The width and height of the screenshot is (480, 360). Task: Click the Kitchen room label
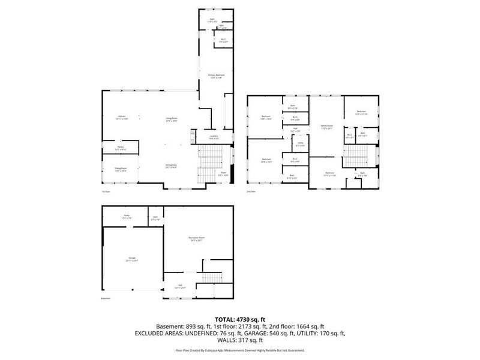click(x=122, y=117)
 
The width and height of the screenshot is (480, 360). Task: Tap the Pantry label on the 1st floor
click(x=120, y=148)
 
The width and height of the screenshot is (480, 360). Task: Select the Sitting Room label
click(x=120, y=170)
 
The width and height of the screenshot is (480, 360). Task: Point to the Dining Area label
click(x=171, y=166)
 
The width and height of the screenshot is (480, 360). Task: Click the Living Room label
click(x=172, y=119)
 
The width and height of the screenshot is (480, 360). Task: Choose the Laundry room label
click(x=214, y=137)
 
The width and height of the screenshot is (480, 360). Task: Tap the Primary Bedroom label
click(x=215, y=76)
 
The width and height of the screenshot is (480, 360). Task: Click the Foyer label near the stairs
click(x=222, y=173)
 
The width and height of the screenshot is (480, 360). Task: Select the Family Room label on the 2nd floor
click(x=326, y=127)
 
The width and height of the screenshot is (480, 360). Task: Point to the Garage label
click(x=132, y=260)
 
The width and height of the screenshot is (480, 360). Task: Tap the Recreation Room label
click(x=197, y=239)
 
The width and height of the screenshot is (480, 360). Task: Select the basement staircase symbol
click(x=209, y=280)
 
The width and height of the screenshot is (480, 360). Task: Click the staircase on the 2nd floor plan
click(x=359, y=158)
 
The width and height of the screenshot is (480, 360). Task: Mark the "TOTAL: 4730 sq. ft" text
click(x=240, y=319)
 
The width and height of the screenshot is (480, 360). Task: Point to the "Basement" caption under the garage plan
click(x=106, y=299)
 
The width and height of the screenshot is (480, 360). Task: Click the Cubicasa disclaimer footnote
click(x=240, y=350)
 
